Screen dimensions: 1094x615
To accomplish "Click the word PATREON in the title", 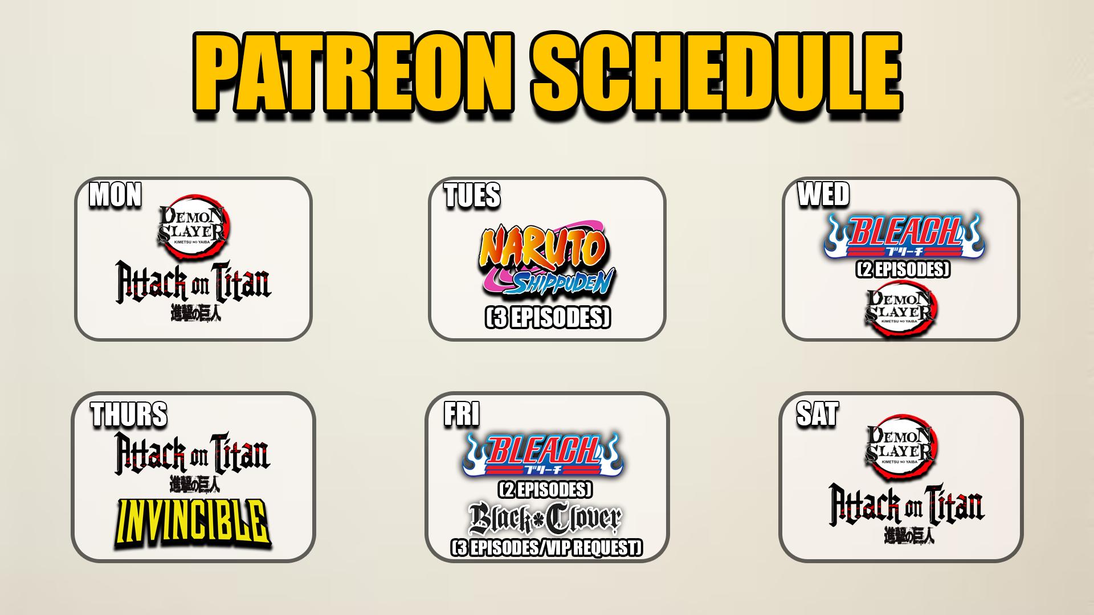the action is [x=353, y=72].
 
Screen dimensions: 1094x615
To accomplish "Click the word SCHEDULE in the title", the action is [x=716, y=72].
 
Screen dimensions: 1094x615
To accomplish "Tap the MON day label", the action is [x=115, y=195].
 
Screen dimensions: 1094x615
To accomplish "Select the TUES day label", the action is [x=472, y=195].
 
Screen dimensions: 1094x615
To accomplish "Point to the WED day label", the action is [x=823, y=194].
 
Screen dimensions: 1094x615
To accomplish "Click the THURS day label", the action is [x=129, y=414].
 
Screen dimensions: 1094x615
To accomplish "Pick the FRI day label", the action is [x=462, y=413].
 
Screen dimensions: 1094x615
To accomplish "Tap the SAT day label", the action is [x=818, y=413].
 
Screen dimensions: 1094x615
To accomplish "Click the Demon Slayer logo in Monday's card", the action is [x=193, y=227].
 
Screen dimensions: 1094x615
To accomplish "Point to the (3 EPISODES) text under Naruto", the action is [x=548, y=317].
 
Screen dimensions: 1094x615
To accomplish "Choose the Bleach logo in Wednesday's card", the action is [x=904, y=236].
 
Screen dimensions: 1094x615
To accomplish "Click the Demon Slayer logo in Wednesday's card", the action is [x=901, y=308].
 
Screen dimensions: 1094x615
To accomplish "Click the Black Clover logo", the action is [x=545, y=518].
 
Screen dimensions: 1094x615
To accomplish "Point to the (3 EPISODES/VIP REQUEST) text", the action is [x=546, y=547].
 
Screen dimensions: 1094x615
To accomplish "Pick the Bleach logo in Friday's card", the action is [x=543, y=454].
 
